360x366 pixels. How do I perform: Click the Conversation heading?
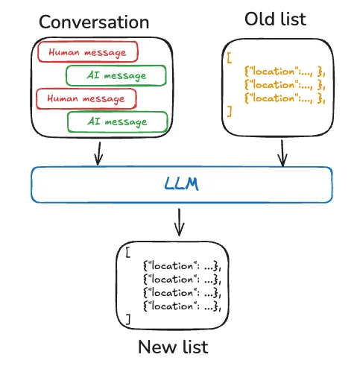[94, 22]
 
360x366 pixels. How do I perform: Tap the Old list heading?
[274, 19]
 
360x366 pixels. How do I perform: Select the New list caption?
[173, 347]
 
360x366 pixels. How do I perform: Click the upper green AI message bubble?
[116, 75]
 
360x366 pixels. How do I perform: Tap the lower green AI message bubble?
[116, 122]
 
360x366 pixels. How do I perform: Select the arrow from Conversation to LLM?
[97, 153]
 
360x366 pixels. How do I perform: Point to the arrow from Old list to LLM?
[282, 152]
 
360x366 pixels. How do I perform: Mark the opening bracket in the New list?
[128, 251]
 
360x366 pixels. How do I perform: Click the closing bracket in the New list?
[128, 319]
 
